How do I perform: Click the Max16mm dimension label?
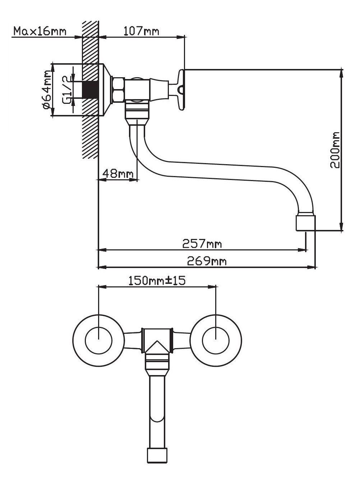click(40, 31)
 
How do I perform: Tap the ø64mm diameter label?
click(47, 90)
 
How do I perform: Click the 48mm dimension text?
click(118, 174)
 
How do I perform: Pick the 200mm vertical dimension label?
click(334, 150)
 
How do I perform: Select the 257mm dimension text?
click(202, 244)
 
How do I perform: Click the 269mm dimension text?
click(207, 261)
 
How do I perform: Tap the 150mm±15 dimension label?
click(157, 281)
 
